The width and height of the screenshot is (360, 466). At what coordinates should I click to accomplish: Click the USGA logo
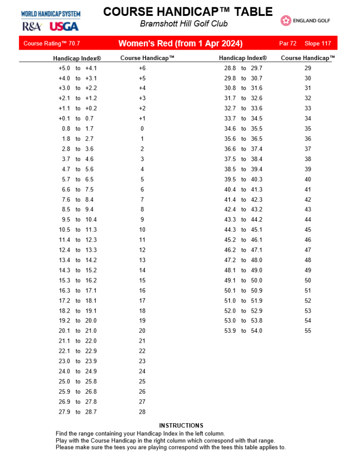pos(64,26)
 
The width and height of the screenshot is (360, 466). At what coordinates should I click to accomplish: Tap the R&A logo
pos(32,26)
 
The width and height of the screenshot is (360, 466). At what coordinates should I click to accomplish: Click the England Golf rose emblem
pos(286,20)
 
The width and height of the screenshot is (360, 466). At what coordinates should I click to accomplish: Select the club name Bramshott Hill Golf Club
pos(184,24)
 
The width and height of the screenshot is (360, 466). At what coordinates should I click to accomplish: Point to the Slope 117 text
pos(318,44)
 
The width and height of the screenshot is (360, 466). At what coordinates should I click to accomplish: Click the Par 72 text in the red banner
pos(288,44)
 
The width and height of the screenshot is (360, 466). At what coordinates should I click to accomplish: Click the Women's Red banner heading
pos(180,44)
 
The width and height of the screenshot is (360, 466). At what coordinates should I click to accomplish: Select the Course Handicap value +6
pos(142,68)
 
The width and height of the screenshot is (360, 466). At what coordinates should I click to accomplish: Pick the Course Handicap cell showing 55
pos(308,331)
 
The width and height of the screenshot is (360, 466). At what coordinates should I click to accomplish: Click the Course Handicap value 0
pos(142,129)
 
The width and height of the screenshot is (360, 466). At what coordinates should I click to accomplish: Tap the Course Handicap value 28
pos(142,412)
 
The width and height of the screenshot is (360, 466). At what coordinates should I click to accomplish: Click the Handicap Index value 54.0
pos(257,331)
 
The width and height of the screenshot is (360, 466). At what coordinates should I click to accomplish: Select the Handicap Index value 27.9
pos(64,412)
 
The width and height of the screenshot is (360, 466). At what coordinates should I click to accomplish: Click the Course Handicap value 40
pos(308,179)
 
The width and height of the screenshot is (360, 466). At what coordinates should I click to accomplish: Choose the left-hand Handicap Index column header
pos(77,58)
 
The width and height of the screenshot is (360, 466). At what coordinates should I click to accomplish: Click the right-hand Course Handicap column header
pos(308,58)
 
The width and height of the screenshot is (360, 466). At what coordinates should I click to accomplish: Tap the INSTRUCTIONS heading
pos(181,425)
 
